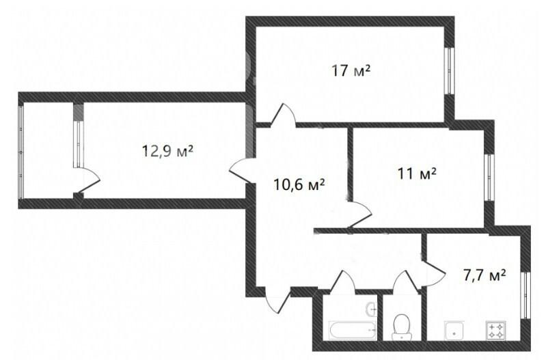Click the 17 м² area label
click(x=351, y=70)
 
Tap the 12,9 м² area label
click(x=167, y=151)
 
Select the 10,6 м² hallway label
click(x=299, y=184)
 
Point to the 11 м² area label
click(x=417, y=173)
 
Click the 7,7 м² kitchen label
click(x=484, y=275)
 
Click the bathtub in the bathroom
click(x=353, y=330)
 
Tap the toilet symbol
click(x=402, y=328)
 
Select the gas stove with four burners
click(x=496, y=331)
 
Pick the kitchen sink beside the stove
click(x=454, y=331)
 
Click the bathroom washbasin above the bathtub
click(x=371, y=309)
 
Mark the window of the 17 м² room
click(x=450, y=70)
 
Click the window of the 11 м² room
click(x=489, y=178)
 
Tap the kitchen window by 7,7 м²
click(x=525, y=295)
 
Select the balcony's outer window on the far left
click(x=21, y=152)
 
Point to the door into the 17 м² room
click(x=283, y=114)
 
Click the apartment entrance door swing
click(x=277, y=300)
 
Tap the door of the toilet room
click(x=406, y=280)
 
